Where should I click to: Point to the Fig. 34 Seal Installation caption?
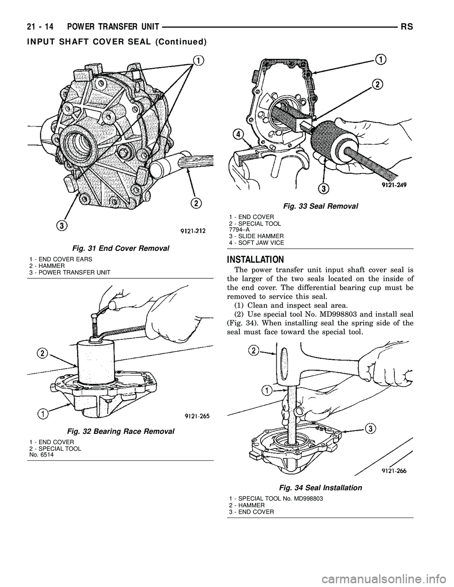[321, 487]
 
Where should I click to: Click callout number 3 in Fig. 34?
[369, 428]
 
